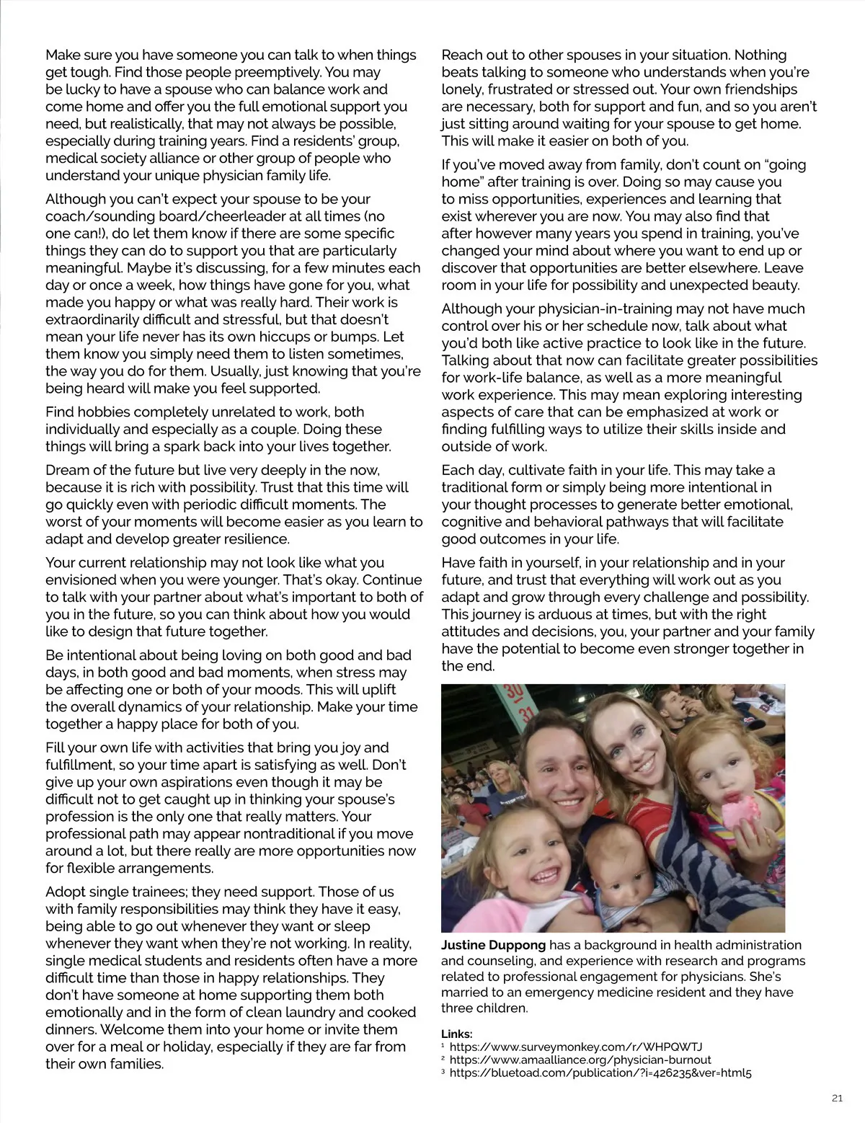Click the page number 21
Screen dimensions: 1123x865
point(836,1098)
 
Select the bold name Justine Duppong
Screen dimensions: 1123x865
point(494,945)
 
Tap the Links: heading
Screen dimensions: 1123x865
point(457,1034)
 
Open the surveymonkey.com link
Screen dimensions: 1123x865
point(576,1047)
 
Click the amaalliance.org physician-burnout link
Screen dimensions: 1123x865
point(580,1060)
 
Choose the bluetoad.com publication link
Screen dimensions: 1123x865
point(600,1073)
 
